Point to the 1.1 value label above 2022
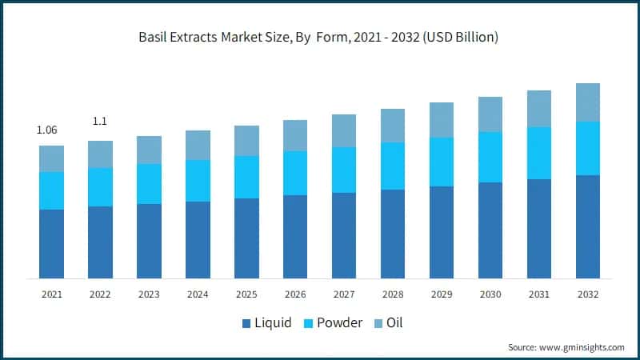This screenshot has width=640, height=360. [100, 122]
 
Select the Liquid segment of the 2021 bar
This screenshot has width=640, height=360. [51, 244]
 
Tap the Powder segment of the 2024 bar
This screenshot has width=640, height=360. [198, 181]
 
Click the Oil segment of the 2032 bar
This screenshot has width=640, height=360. [588, 102]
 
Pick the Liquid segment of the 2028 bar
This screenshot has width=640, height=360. [393, 234]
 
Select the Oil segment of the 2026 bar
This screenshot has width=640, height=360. [295, 135]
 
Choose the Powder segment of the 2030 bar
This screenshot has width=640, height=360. [490, 157]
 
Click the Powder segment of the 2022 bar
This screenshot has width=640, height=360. [100, 187]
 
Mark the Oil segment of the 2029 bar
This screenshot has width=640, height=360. [442, 120]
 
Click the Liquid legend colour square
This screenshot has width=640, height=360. [246, 324]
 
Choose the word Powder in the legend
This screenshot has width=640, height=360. [341, 323]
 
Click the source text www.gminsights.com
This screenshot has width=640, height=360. [582, 347]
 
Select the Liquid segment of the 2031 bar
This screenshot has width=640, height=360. [539, 229]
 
